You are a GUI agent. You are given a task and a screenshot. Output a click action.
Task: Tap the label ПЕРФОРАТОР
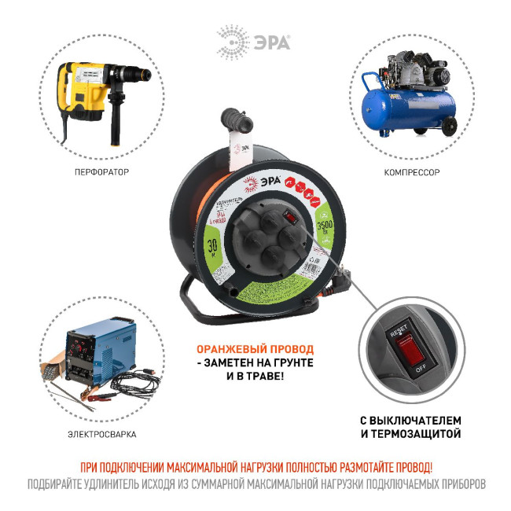[95, 171]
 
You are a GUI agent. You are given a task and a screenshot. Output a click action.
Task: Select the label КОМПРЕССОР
[411, 171]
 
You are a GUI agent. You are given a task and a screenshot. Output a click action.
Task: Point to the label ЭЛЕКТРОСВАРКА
[95, 433]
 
